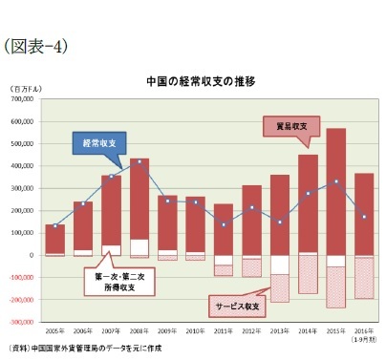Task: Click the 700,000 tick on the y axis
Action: click(22, 98)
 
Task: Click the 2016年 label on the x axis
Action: click(363, 329)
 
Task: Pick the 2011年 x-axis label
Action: click(224, 329)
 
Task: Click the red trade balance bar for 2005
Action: click(55, 239)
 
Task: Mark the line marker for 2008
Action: click(139, 161)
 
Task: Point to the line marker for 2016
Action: click(363, 217)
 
